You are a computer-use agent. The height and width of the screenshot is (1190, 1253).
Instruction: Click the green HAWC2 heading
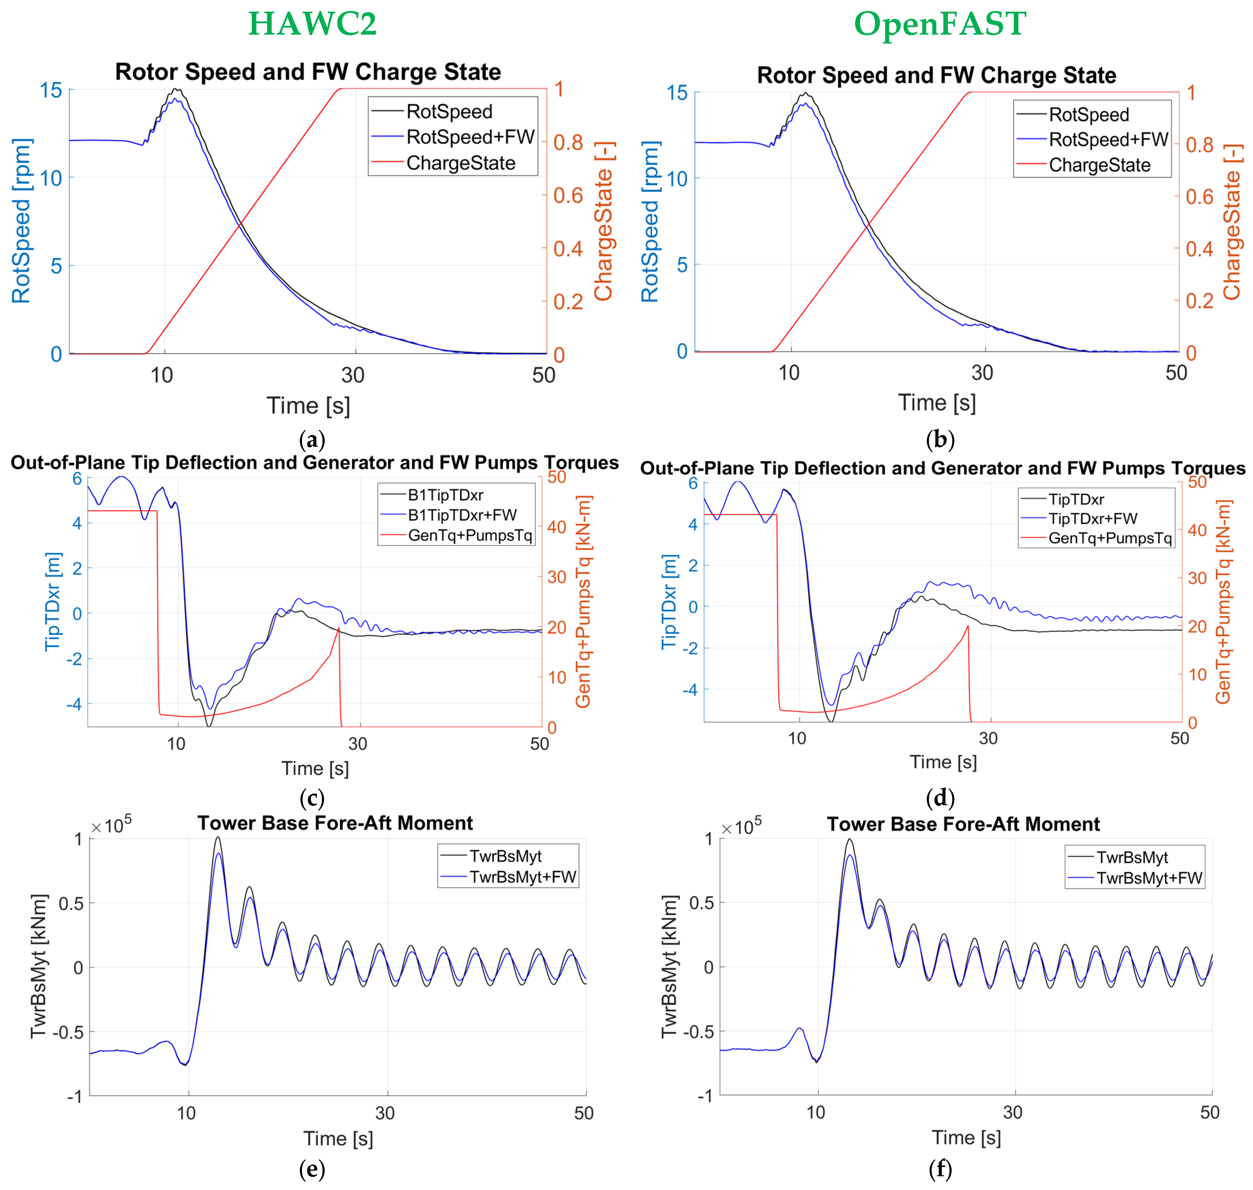(312, 24)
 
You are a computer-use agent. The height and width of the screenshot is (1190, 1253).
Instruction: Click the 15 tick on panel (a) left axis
(51, 90)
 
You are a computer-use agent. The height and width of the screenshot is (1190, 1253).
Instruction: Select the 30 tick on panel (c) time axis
(358, 743)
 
